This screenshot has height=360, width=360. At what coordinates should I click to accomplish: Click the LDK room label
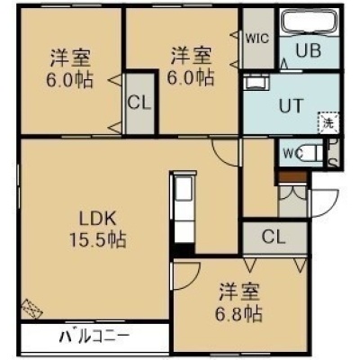97,220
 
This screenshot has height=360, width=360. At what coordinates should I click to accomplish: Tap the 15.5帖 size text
98,239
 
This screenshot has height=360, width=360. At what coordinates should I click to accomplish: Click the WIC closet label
257,39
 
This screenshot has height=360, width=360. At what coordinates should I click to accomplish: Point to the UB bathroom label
309,50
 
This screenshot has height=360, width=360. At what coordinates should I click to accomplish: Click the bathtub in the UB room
310,22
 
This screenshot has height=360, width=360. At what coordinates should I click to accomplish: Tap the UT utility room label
291,105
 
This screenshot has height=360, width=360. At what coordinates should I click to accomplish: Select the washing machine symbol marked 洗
328,122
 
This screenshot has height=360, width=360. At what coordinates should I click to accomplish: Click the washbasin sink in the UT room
256,82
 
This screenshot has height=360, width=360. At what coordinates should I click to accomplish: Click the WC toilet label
293,154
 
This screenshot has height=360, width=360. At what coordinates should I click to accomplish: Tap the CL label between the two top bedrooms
139,103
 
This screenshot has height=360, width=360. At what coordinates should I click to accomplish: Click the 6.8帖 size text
239,313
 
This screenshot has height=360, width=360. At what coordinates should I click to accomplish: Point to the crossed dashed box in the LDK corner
31,308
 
